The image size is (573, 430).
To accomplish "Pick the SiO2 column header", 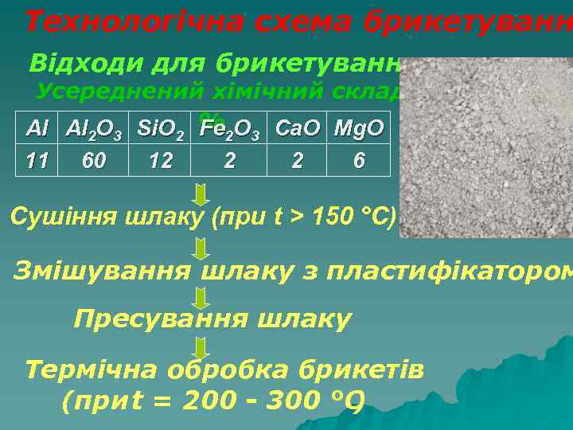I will tap(162, 128).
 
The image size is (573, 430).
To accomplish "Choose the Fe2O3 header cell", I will tap(230, 128).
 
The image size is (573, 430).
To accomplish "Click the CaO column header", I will tap(298, 127).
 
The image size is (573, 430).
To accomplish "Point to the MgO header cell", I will tap(359, 127).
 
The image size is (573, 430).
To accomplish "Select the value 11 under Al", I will tap(37, 160).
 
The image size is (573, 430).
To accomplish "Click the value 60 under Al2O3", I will tap(95, 160).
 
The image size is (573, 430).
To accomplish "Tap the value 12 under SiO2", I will tap(162, 160).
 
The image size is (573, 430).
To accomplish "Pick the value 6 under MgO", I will tap(359, 160).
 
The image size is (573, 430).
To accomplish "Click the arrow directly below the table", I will tap(201, 193).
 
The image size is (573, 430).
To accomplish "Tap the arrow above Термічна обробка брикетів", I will tap(201, 347).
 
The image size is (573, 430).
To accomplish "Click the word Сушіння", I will tap(62, 217).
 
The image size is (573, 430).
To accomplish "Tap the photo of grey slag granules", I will tap(485, 147).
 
